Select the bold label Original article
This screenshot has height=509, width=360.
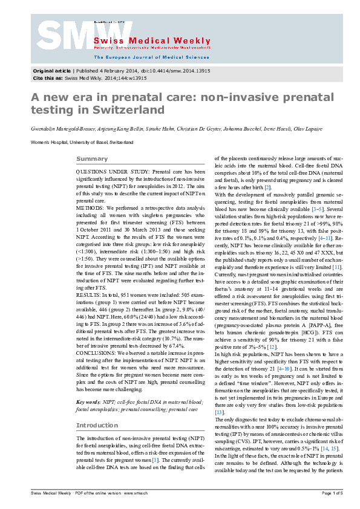[x=51, y=71]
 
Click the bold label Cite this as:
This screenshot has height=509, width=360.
[x=46, y=77]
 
